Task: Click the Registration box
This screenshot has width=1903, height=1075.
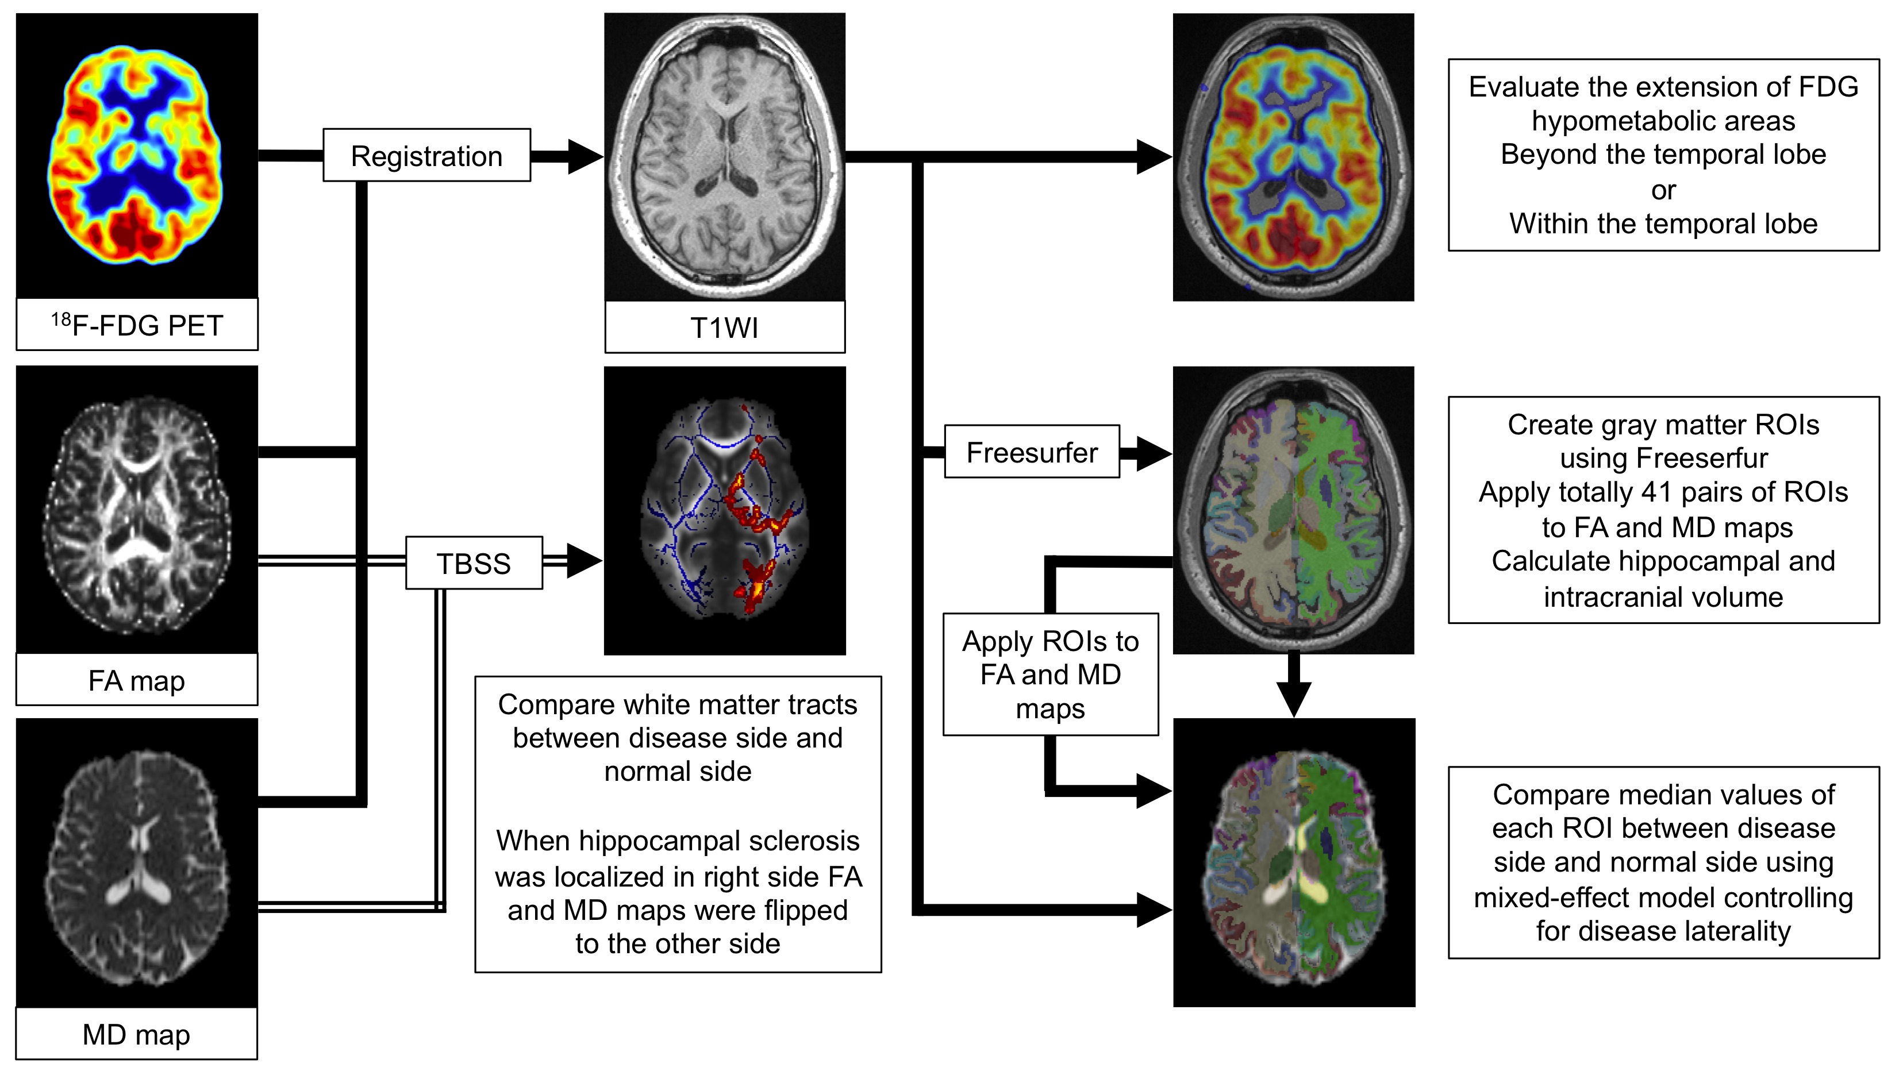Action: click(426, 155)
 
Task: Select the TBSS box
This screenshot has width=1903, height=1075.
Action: click(474, 562)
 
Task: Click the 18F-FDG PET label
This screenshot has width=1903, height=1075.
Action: click(137, 325)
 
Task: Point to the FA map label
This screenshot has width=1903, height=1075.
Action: click(137, 680)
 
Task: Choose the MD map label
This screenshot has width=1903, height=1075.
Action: click(137, 1034)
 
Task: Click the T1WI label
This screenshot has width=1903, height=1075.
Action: click(724, 328)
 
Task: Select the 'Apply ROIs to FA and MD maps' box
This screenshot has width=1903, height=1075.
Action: click(1049, 674)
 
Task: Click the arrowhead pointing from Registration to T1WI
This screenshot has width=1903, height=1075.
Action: click(585, 156)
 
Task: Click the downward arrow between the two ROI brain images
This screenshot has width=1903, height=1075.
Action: click(1294, 694)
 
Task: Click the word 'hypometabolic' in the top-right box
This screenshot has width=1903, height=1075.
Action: click(1663, 121)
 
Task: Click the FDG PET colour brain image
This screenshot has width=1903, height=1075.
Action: click(137, 155)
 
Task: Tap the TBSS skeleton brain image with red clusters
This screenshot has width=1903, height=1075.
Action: click(724, 510)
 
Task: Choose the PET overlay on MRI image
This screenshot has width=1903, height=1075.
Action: click(1293, 156)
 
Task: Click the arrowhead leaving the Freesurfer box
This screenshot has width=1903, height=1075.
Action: click(1152, 453)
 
